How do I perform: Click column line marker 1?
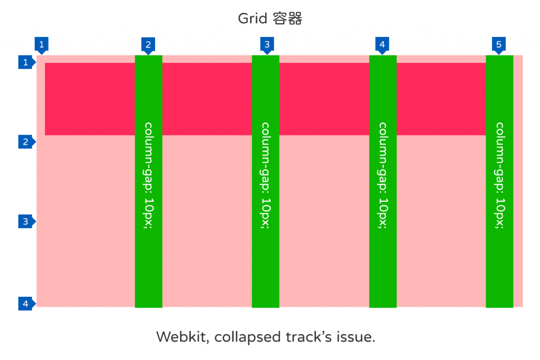(x=42, y=44)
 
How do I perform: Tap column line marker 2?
(x=148, y=44)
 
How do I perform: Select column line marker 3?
(x=267, y=44)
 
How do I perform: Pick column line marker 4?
(x=382, y=44)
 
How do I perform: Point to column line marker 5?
(x=499, y=44)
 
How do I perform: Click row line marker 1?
(x=25, y=63)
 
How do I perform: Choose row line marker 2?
(x=25, y=141)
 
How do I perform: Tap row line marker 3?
(x=25, y=221)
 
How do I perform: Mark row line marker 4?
(x=25, y=303)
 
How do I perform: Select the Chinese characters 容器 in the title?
(x=287, y=19)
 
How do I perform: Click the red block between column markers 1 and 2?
(x=90, y=99)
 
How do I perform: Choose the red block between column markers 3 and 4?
(x=324, y=99)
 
